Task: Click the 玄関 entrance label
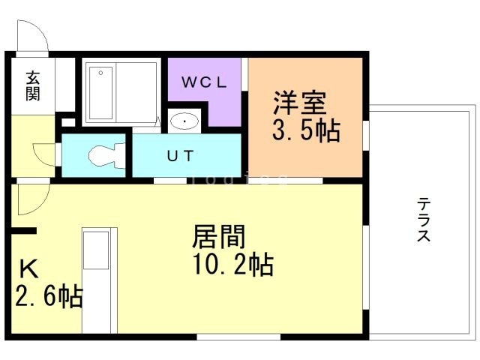pyautogui.click(x=33, y=85)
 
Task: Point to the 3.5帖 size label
pyautogui.click(x=305, y=130)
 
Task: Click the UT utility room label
pyautogui.click(x=180, y=156)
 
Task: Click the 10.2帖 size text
pyautogui.click(x=232, y=265)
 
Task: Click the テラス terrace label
pyautogui.click(x=424, y=219)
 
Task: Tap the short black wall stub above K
pyautogui.click(x=23, y=232)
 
